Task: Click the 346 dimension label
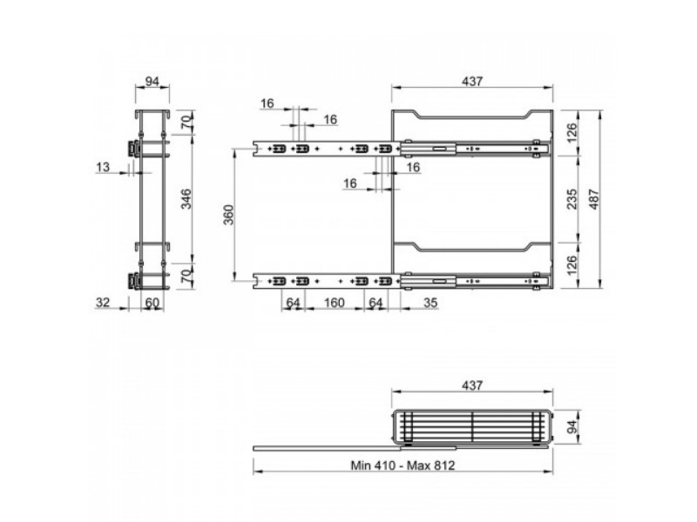[x=187, y=198]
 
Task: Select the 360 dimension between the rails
[x=228, y=215]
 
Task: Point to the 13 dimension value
[x=103, y=167]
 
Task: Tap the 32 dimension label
[x=103, y=302]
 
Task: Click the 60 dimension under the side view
[x=152, y=302]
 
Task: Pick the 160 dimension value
[x=334, y=302]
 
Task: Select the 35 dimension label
[x=430, y=302]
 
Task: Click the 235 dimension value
[x=572, y=198]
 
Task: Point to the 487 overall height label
[x=594, y=199]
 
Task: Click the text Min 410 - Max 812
[x=403, y=465]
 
